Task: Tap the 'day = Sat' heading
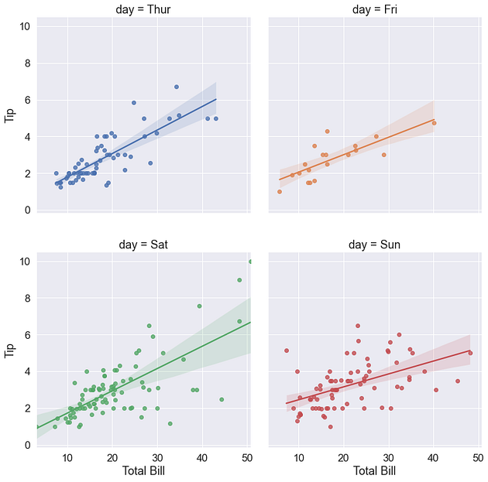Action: click(x=144, y=245)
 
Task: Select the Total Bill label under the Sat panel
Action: click(x=144, y=470)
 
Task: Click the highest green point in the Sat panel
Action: click(x=250, y=262)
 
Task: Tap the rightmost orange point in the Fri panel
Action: click(x=434, y=123)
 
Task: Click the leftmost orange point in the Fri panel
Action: click(x=280, y=192)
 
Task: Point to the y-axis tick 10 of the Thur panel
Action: click(x=26, y=26)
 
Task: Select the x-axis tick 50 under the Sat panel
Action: click(x=247, y=456)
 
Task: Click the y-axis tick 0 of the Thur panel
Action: click(x=28, y=210)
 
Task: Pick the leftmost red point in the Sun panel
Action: click(x=286, y=350)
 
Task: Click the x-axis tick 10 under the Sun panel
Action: click(x=298, y=456)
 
